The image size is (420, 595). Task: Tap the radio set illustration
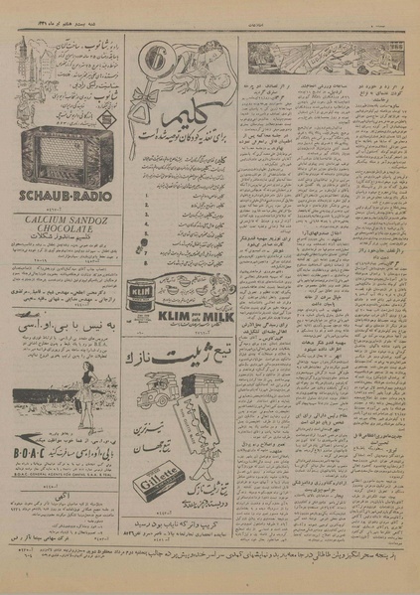64,157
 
